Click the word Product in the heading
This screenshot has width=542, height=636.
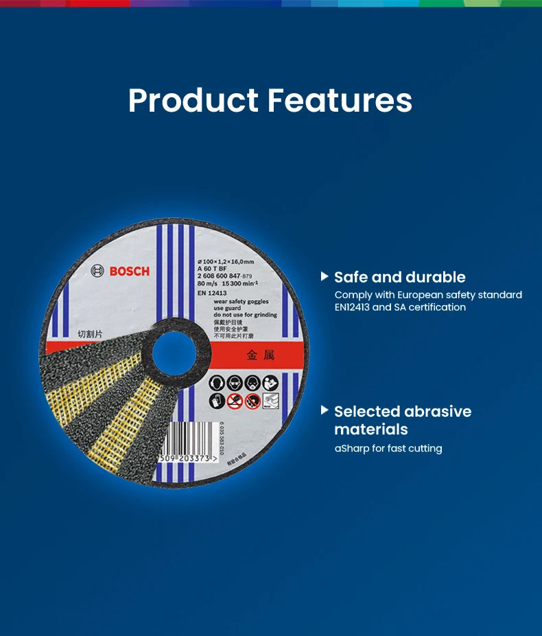[x=193, y=100]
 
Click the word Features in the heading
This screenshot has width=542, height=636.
[x=340, y=100]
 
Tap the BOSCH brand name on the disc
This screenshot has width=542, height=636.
[x=129, y=271]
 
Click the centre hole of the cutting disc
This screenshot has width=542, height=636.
[x=174, y=351]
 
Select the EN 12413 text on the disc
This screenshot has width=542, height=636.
[x=212, y=293]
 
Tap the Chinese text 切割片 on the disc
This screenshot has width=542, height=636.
[x=89, y=334]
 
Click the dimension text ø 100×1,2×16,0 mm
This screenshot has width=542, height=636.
[x=225, y=262]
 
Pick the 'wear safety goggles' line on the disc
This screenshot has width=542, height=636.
[x=241, y=301]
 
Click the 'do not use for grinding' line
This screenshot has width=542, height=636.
[x=245, y=315]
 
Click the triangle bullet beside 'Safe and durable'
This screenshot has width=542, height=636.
[x=325, y=277]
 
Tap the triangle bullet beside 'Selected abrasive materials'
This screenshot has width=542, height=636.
[x=325, y=411]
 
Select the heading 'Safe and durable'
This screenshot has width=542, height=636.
[x=400, y=277]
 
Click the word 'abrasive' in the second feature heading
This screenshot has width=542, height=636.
[x=438, y=411]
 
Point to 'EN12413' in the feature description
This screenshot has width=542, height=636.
[x=352, y=307]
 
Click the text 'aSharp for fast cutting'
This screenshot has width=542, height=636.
[x=388, y=448]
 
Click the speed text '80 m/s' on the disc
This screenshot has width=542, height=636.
[x=206, y=283]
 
